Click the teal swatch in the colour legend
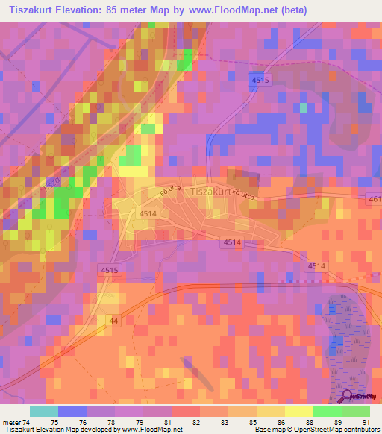point(43,411)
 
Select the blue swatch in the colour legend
point(72,411)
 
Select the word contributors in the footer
point(357,430)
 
